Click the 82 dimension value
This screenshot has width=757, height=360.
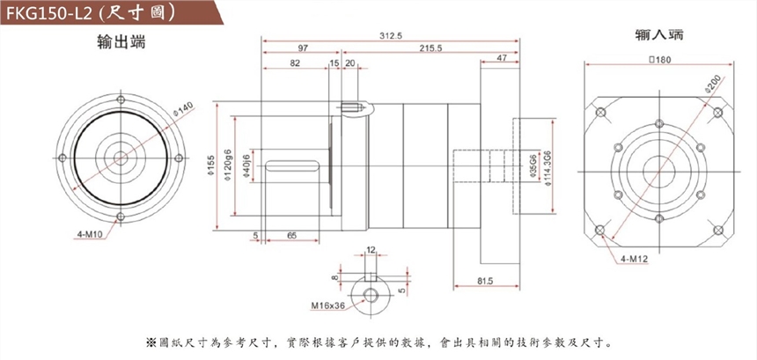pos(294,63)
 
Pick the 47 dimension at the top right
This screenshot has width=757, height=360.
pos(501,57)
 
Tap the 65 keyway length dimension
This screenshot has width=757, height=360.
pos(290,236)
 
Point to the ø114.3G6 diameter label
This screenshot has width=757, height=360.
pos(548,165)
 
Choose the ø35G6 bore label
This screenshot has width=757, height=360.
pos(533,165)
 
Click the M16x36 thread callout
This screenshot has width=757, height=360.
pos(327,307)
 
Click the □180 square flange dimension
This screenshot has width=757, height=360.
pos(659,60)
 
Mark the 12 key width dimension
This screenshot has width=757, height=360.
pos(371,250)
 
